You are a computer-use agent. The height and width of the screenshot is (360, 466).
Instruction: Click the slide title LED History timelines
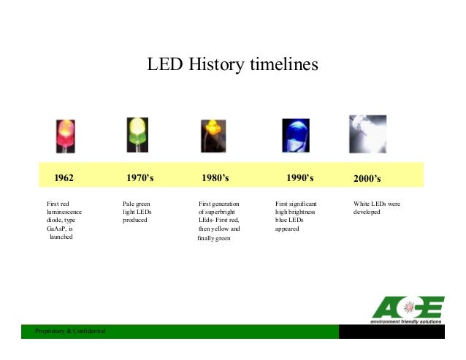coord(233,66)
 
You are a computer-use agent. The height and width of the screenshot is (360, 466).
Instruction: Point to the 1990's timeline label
coord(299,177)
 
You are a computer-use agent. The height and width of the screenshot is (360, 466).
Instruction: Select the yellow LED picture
coord(213,135)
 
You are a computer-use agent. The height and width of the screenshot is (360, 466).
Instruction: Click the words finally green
coord(214,238)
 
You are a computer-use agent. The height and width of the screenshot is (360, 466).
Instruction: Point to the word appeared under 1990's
coord(287,229)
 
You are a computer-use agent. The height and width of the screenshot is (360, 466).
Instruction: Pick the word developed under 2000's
coord(367,211)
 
